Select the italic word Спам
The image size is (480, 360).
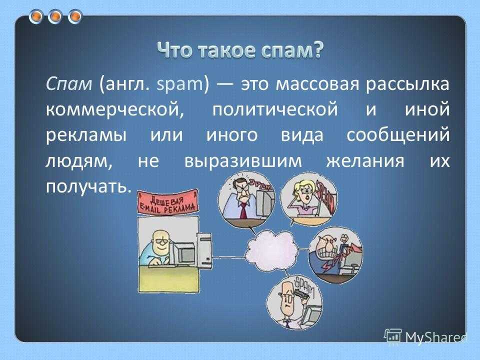click(x=69, y=83)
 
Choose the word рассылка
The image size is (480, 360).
click(x=407, y=84)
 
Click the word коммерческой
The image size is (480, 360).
click(x=115, y=109)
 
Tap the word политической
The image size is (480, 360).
click(x=275, y=109)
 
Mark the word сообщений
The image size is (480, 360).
click(x=398, y=134)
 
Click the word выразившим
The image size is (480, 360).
click(x=243, y=161)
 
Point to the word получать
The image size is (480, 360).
click(x=88, y=186)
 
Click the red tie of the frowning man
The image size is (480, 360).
click(x=243, y=210)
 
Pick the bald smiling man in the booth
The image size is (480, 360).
click(x=157, y=247)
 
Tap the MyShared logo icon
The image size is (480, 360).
click(x=393, y=336)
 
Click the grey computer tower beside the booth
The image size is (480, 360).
click(x=203, y=250)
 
